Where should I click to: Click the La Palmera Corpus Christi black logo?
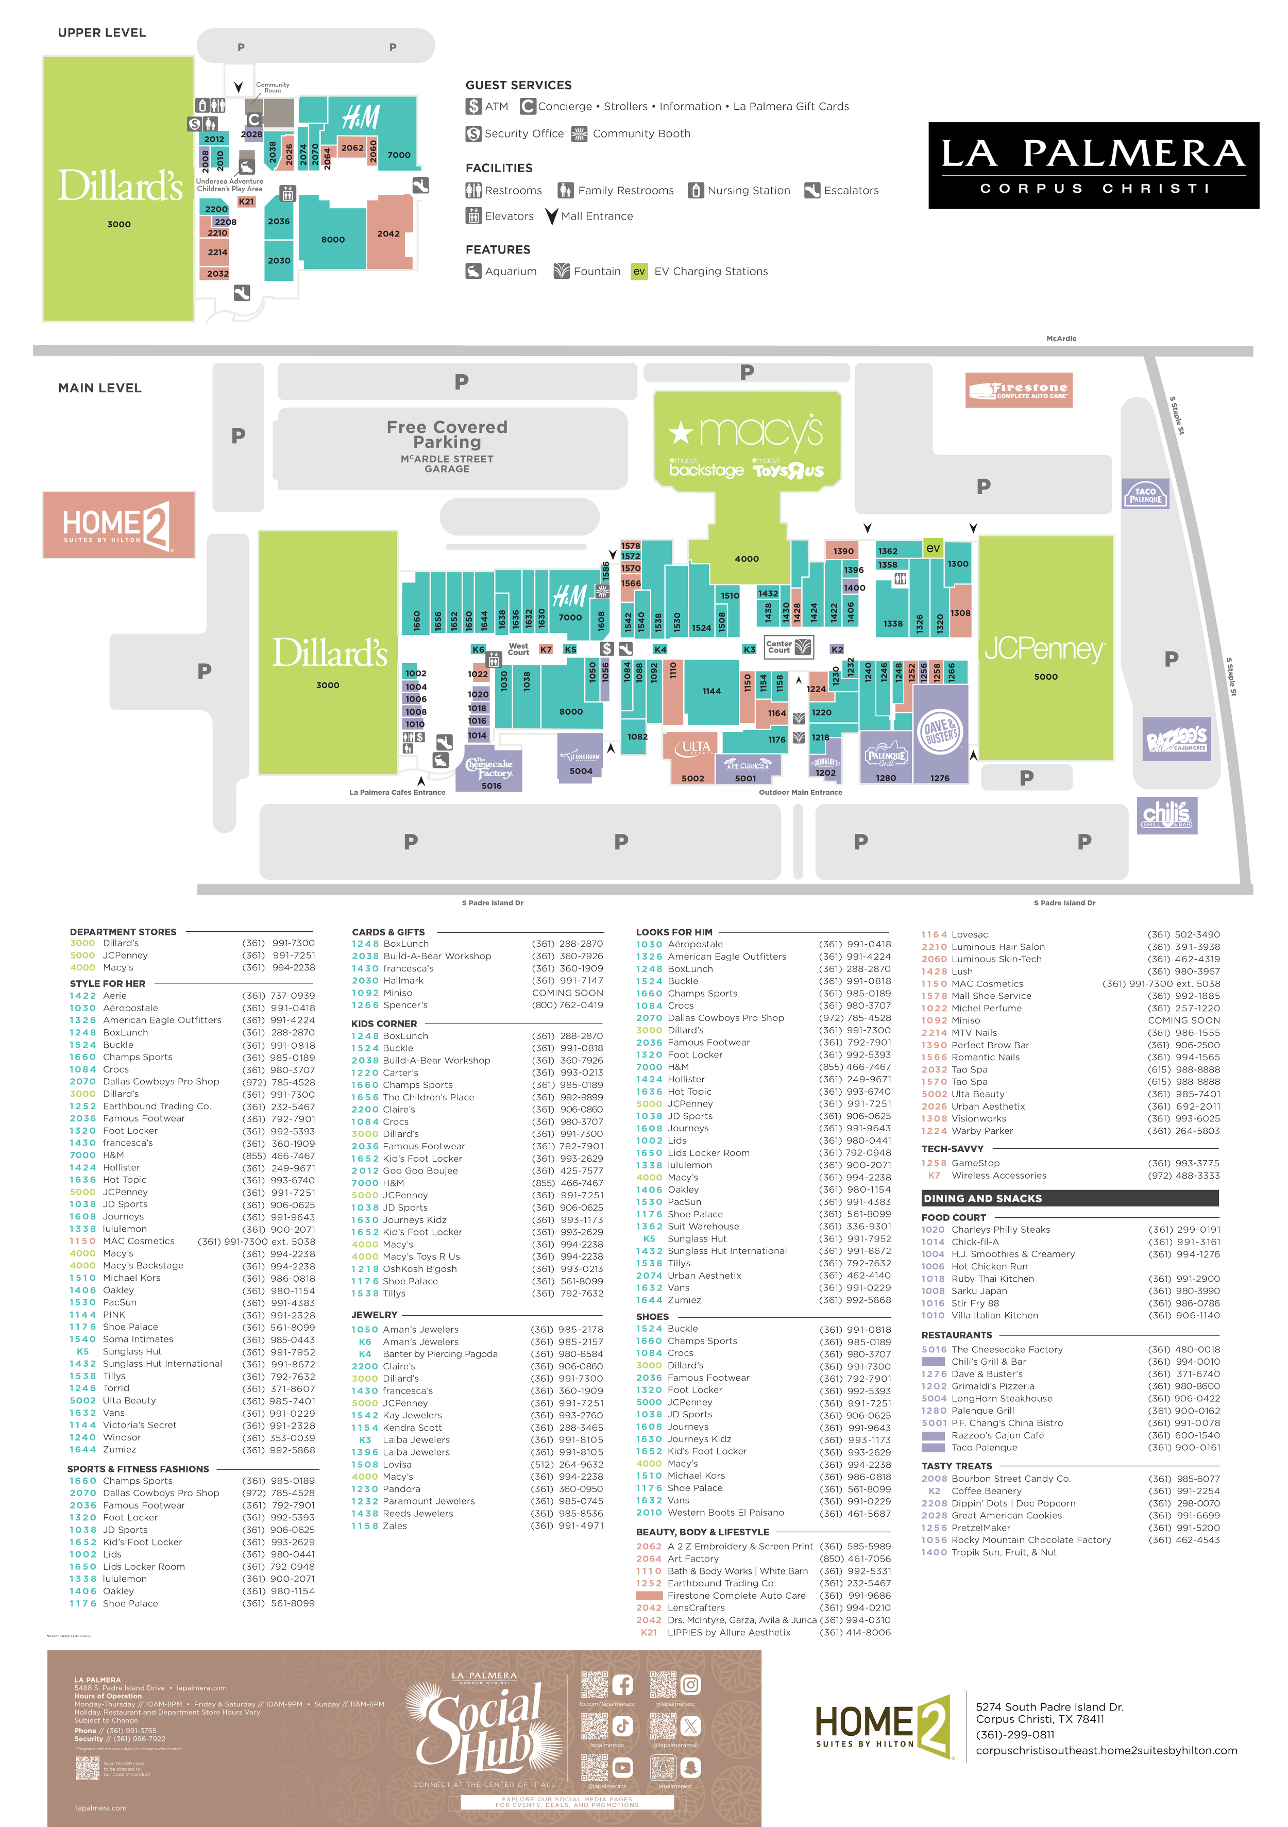1093,165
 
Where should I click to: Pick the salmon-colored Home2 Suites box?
118,525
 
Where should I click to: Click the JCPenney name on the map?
1044,650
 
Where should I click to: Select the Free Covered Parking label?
447,434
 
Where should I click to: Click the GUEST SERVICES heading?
519,85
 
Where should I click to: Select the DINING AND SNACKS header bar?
1069,1198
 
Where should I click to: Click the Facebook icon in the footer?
622,1685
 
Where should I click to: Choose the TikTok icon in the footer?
622,1724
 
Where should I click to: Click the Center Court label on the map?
779,647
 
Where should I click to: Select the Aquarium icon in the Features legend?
473,272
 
